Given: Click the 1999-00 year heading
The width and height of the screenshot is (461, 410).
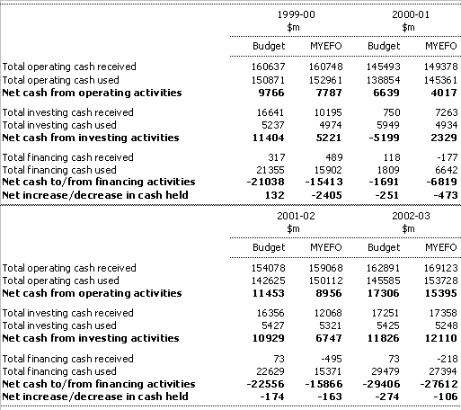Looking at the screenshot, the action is click(x=296, y=14).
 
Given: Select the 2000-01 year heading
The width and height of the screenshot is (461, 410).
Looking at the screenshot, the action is click(x=411, y=14).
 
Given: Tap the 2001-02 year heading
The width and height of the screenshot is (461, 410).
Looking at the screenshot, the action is click(x=296, y=216).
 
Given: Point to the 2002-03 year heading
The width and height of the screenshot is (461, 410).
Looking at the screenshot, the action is click(x=411, y=216).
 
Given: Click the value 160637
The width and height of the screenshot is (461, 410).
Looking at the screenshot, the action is click(x=268, y=67).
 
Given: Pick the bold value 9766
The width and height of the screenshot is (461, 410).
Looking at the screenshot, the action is click(x=271, y=93).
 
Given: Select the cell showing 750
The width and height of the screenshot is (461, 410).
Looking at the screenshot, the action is click(x=391, y=112).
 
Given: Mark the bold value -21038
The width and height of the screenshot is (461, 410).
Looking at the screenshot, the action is click(x=266, y=182).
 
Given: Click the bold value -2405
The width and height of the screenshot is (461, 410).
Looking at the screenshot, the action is click(x=326, y=195).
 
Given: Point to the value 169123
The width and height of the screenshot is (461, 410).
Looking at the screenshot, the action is click(x=440, y=268).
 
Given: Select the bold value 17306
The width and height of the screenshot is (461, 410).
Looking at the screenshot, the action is click(x=384, y=293).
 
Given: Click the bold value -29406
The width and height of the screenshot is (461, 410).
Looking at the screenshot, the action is click(x=381, y=384).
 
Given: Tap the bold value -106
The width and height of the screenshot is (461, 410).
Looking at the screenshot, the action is click(x=446, y=397).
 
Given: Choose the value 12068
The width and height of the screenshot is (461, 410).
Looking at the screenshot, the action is click(x=328, y=313).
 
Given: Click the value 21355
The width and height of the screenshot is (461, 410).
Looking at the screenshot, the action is click(x=270, y=170).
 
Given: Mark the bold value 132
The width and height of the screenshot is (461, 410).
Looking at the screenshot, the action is click(x=275, y=195).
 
